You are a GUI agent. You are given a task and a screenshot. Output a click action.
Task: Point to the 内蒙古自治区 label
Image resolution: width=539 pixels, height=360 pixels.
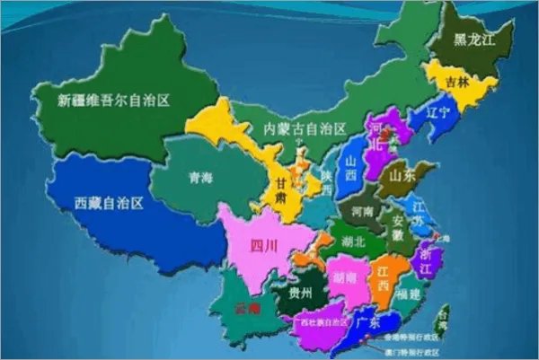pos(305,129)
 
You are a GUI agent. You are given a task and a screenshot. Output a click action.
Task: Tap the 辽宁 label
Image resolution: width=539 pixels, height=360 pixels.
pos(438,114)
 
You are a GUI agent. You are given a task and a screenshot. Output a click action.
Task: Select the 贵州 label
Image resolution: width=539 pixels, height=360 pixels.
pos(300,294)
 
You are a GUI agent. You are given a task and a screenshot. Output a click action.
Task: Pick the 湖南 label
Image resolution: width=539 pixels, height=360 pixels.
pos(346,277)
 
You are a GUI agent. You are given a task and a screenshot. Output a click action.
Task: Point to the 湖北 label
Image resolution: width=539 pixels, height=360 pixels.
pos(354,241)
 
